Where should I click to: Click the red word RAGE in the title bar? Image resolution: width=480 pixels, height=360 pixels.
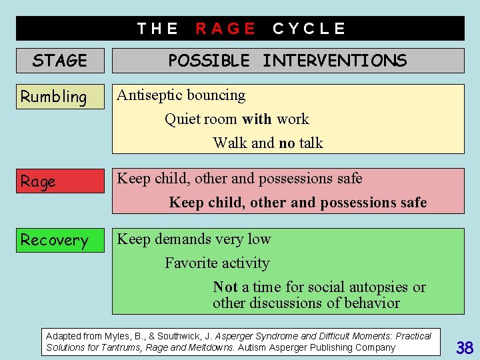pyautogui.click(x=225, y=29)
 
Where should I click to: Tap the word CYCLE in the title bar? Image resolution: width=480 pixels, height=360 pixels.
pyautogui.click(x=309, y=29)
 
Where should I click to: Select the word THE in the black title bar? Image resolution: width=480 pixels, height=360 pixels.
pyautogui.click(x=157, y=29)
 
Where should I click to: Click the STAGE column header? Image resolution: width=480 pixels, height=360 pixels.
pyautogui.click(x=60, y=61)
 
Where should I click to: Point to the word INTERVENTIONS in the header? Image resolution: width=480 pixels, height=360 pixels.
pyautogui.click(x=334, y=61)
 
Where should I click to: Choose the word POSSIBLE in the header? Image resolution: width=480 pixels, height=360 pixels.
pyautogui.click(x=209, y=61)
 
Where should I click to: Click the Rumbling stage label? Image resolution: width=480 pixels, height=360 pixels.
pyautogui.click(x=54, y=97)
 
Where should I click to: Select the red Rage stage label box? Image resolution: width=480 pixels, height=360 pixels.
pyautogui.click(x=60, y=181)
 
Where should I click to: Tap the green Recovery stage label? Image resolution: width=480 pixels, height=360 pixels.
pyautogui.click(x=55, y=240)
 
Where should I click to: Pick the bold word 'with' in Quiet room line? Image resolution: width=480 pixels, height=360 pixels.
pyautogui.click(x=257, y=119)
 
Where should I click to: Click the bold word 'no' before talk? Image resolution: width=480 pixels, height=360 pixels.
pyautogui.click(x=287, y=143)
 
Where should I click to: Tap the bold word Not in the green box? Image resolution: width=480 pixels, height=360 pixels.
pyautogui.click(x=225, y=287)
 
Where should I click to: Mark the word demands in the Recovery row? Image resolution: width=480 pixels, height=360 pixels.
pyautogui.click(x=184, y=239)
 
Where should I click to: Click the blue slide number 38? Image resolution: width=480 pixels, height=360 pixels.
pyautogui.click(x=465, y=347)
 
